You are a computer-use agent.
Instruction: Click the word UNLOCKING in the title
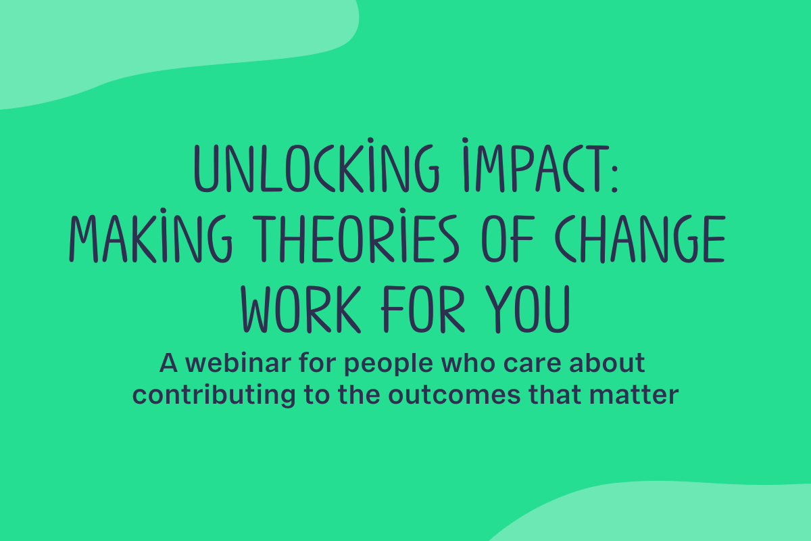click(317, 165)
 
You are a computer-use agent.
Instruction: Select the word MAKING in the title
click(151, 235)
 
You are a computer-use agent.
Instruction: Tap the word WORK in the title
click(301, 309)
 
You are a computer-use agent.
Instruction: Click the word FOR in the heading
click(423, 309)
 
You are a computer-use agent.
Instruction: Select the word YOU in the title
click(528, 309)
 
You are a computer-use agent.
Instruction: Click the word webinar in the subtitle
click(238, 362)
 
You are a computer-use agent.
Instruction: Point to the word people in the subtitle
click(389, 364)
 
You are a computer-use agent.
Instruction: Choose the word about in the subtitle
click(607, 362)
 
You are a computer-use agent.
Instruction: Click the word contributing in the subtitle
click(214, 396)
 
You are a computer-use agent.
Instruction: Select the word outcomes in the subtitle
click(454, 396)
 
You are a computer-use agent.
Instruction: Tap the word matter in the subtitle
click(634, 396)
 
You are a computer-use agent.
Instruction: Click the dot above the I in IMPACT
click(465, 140)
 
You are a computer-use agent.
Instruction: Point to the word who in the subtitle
click(468, 362)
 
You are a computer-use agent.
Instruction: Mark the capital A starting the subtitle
click(168, 362)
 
